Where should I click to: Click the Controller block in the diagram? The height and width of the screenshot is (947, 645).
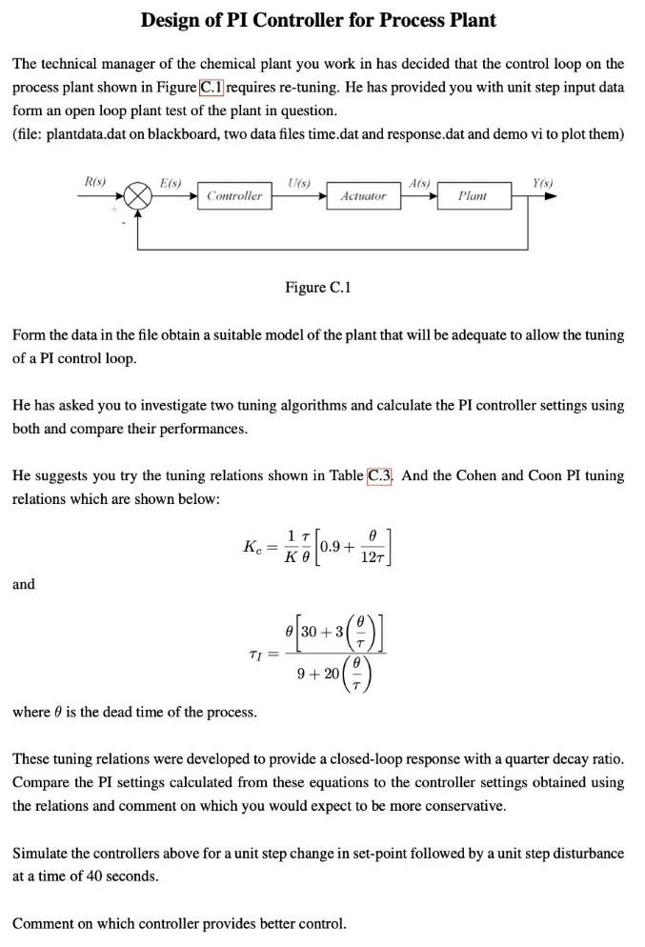tap(233, 196)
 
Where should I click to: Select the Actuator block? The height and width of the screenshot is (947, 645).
tap(364, 196)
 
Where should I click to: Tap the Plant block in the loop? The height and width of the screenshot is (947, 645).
tap(472, 196)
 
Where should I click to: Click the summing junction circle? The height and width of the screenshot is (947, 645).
tap(139, 196)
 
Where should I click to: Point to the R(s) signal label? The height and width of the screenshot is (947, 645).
tap(94, 180)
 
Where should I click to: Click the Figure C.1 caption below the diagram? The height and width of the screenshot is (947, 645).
tap(318, 287)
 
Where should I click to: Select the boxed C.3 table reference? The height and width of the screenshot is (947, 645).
tap(381, 475)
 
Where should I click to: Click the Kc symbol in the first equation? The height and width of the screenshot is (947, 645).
tap(252, 547)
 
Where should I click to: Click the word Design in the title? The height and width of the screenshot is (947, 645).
tap(178, 19)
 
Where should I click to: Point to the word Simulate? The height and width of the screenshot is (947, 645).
tap(45, 853)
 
